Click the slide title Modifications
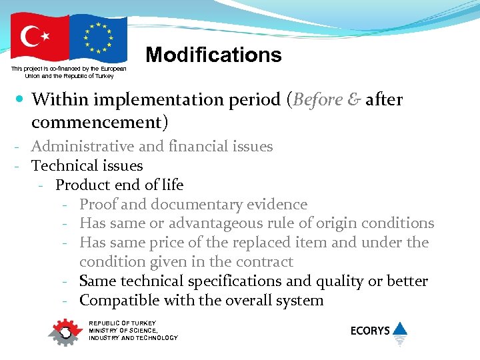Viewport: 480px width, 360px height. [213, 55]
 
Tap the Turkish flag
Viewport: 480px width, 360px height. [40, 38]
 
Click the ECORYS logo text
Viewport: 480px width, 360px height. [370, 331]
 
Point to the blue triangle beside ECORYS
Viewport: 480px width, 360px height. [400, 329]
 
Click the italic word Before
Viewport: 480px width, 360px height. [317, 100]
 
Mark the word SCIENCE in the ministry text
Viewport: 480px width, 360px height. [142, 330]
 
